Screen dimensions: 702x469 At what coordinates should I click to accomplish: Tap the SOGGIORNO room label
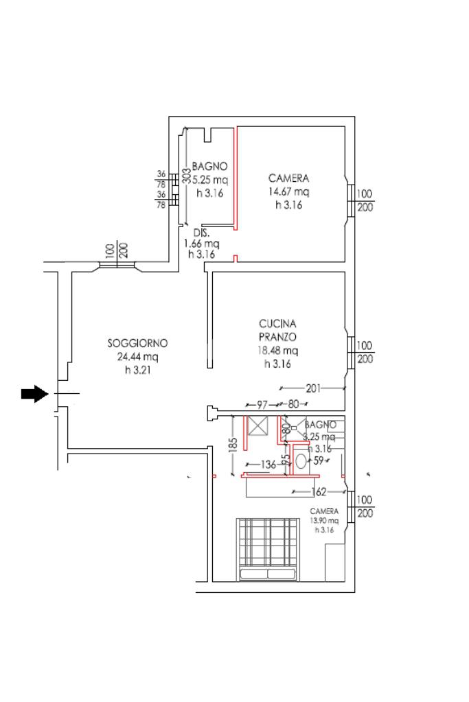tap(137, 343)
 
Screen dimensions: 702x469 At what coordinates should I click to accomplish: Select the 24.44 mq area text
tap(137, 357)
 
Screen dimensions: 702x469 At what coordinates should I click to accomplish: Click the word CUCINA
tap(277, 323)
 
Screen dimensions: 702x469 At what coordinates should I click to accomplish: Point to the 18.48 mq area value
tap(277, 351)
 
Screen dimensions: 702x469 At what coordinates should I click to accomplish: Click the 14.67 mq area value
tap(288, 192)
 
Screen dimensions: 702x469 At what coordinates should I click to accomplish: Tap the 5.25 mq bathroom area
tap(209, 180)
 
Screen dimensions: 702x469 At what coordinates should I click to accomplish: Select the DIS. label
tap(201, 232)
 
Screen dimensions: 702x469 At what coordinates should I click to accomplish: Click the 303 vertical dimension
tap(186, 176)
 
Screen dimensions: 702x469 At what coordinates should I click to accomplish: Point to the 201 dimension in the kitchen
tap(313, 389)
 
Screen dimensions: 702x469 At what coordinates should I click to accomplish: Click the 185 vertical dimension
tap(233, 446)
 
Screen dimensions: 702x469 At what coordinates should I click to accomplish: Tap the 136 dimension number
tap(268, 465)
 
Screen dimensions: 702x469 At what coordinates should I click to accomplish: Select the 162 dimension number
tap(319, 491)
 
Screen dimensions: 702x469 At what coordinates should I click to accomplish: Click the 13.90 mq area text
tap(324, 521)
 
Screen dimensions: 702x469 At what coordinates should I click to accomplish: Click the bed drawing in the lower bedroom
tap(268, 549)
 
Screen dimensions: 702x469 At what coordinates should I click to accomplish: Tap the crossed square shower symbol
tap(259, 425)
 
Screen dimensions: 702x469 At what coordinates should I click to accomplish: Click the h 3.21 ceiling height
tap(137, 371)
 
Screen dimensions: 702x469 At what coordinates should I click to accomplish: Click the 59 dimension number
tap(318, 461)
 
